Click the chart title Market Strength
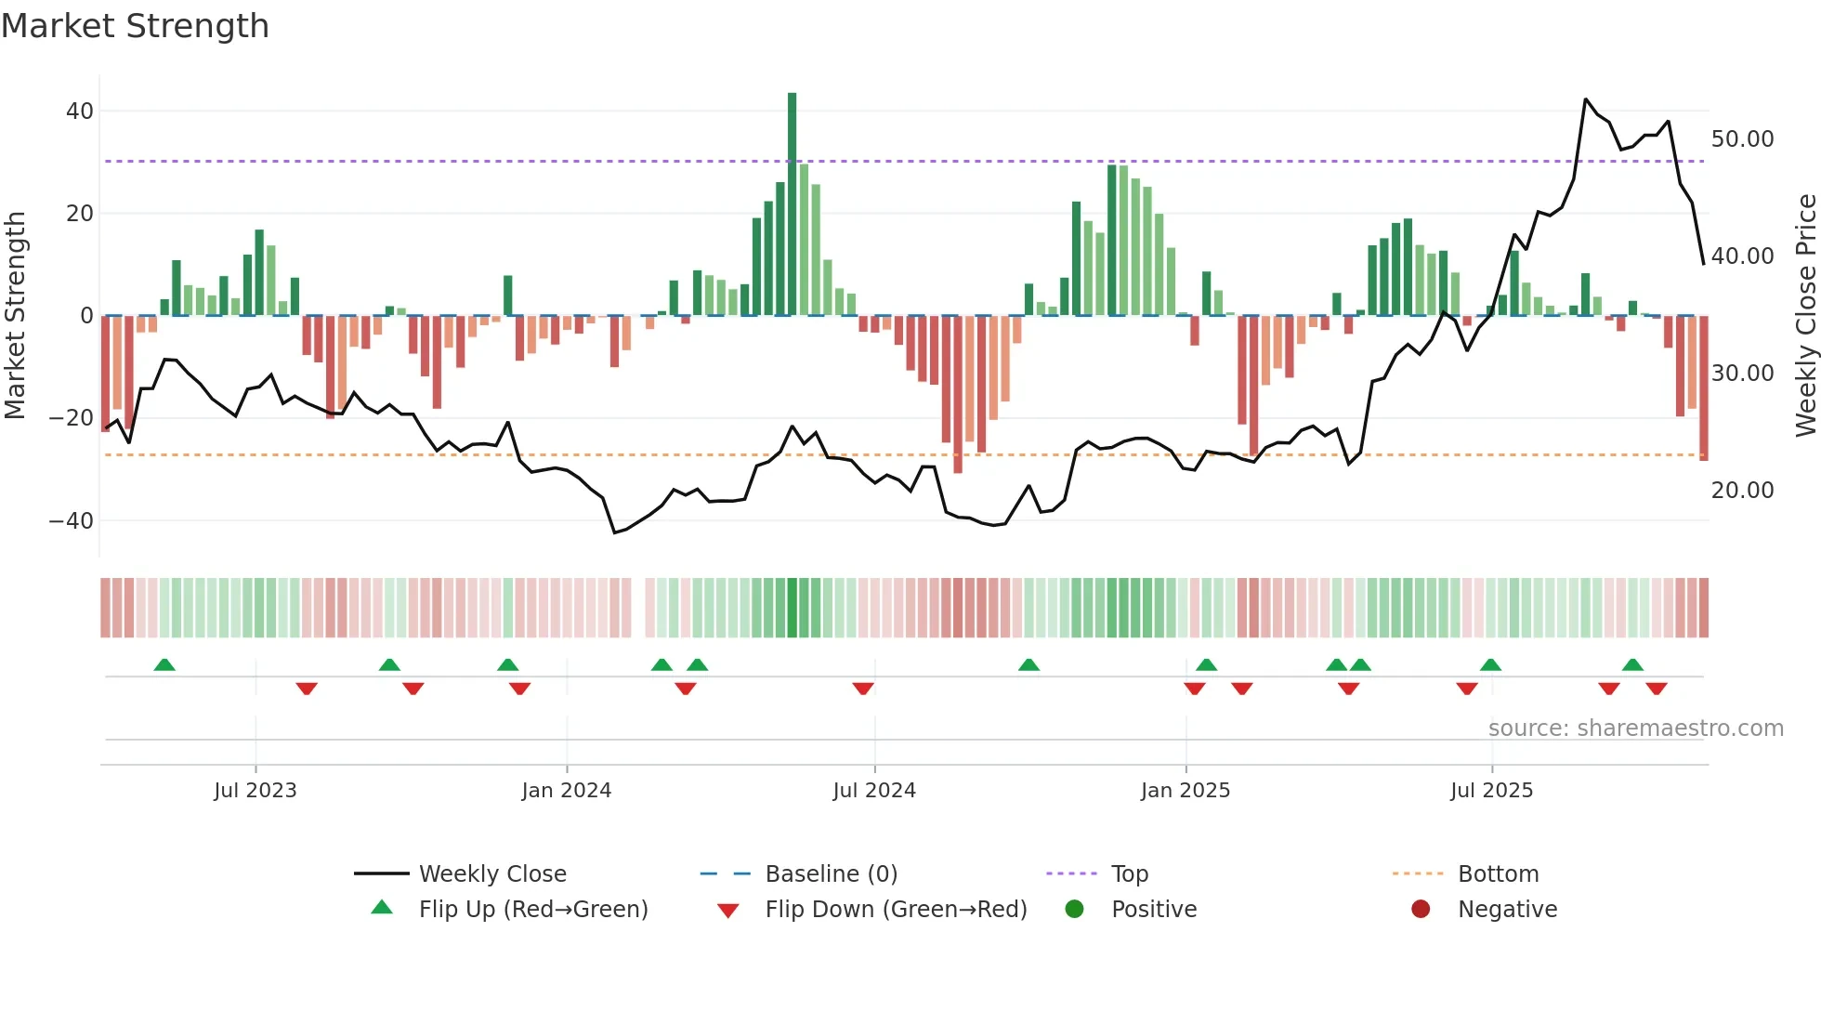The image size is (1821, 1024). pos(135,26)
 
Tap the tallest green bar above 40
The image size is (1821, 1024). pos(792,204)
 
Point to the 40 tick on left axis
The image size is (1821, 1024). pos(80,112)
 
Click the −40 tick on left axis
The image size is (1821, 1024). pos(72,521)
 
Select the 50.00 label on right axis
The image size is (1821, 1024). pos(1742,139)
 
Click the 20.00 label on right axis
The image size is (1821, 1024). pos(1742,491)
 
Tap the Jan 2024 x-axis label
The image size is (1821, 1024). pos(566,791)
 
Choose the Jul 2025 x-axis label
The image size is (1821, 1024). pos(1491,791)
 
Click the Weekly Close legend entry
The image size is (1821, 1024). pos(491,874)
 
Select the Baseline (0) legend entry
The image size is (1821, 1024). pos(831,874)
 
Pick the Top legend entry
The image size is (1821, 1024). pos(1129,874)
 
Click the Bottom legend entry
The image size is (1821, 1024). pos(1498,874)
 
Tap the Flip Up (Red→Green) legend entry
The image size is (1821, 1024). pos(532,910)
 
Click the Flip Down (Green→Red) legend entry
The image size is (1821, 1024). pos(896,910)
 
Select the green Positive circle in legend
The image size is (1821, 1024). pos(1075,910)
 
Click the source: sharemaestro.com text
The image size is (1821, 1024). pos(1635,729)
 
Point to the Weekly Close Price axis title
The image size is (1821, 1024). pos(1805,316)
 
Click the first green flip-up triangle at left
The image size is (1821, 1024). pos(164,664)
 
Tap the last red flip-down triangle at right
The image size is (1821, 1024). pos(1656,689)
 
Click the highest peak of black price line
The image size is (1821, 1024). pos(1586,99)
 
